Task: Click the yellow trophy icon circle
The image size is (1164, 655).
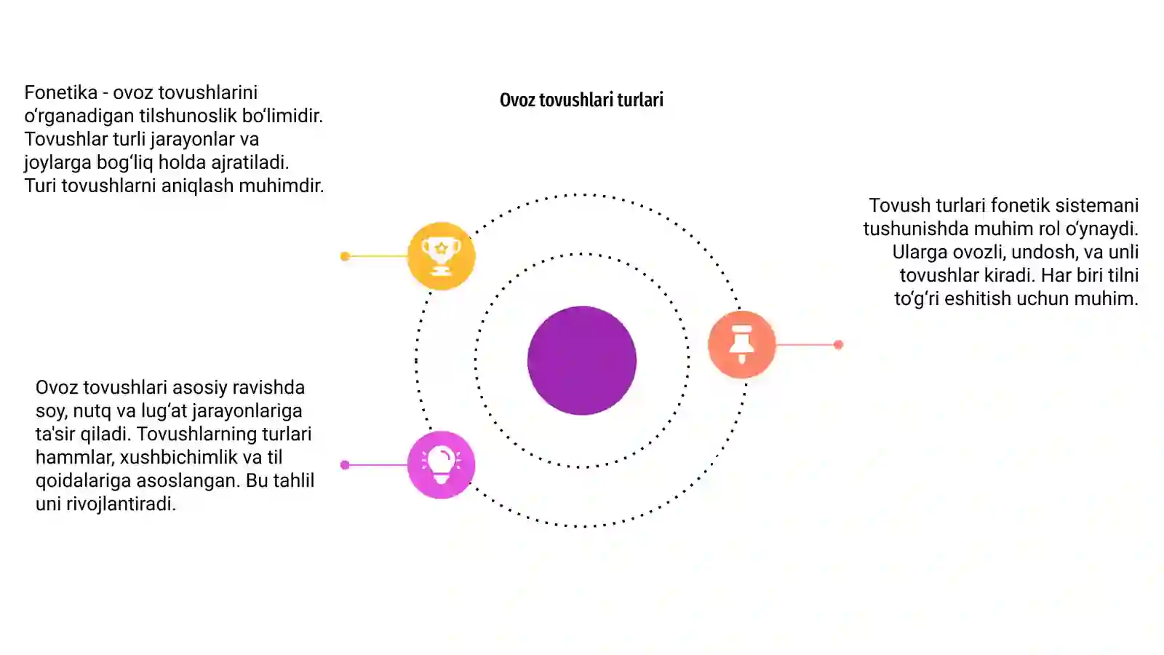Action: [441, 255]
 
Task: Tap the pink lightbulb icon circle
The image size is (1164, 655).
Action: [441, 465]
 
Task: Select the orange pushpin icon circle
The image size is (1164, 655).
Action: [742, 344]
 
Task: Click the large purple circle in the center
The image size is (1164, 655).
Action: [582, 360]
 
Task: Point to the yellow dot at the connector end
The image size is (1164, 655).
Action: [345, 255]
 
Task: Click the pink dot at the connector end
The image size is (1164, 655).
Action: [345, 465]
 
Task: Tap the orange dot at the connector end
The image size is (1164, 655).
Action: [838, 344]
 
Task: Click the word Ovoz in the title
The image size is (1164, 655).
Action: [517, 100]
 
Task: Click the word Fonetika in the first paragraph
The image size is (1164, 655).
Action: [61, 92]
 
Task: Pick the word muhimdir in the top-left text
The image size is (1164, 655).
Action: [281, 186]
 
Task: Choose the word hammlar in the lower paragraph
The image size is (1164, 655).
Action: [75, 458]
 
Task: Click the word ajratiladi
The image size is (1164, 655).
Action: [250, 163]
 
